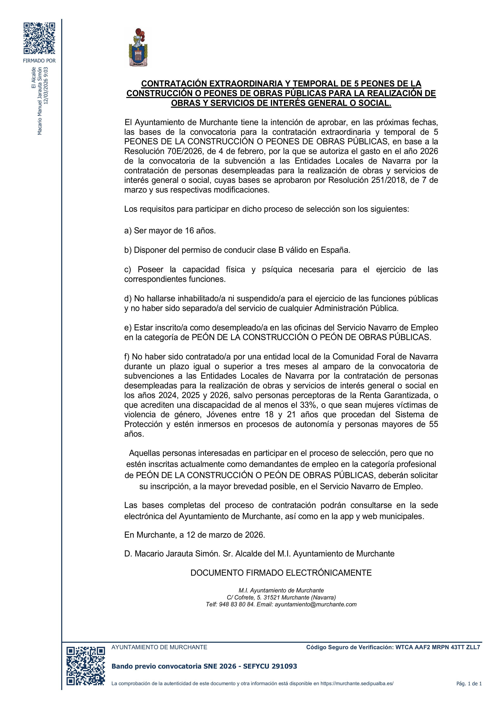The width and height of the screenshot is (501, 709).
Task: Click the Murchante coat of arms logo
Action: (138, 47)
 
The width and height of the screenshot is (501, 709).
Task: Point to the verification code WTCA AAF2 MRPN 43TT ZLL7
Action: (438, 647)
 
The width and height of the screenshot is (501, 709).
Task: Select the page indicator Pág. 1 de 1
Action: (469, 684)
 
